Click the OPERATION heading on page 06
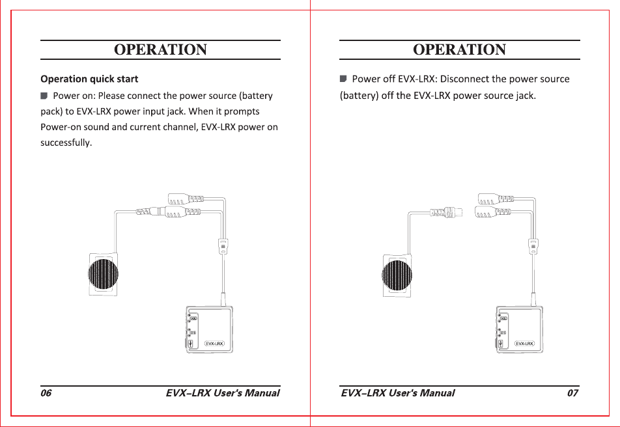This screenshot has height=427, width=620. [x=161, y=50]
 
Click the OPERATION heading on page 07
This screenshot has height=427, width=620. [x=460, y=50]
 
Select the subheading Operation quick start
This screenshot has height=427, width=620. [x=89, y=79]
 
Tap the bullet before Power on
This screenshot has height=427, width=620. [x=44, y=96]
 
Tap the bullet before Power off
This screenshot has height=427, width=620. [x=343, y=79]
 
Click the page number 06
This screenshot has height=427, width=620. [x=46, y=393]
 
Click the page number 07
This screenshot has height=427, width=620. [x=572, y=393]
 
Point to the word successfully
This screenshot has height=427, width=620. [x=66, y=143]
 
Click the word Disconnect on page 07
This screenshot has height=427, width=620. [x=465, y=79]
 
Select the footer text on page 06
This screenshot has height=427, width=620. [x=223, y=393]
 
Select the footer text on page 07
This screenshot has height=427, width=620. [x=398, y=393]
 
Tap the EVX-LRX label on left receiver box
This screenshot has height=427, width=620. [x=214, y=343]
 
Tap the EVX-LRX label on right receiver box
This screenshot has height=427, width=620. [x=524, y=343]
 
